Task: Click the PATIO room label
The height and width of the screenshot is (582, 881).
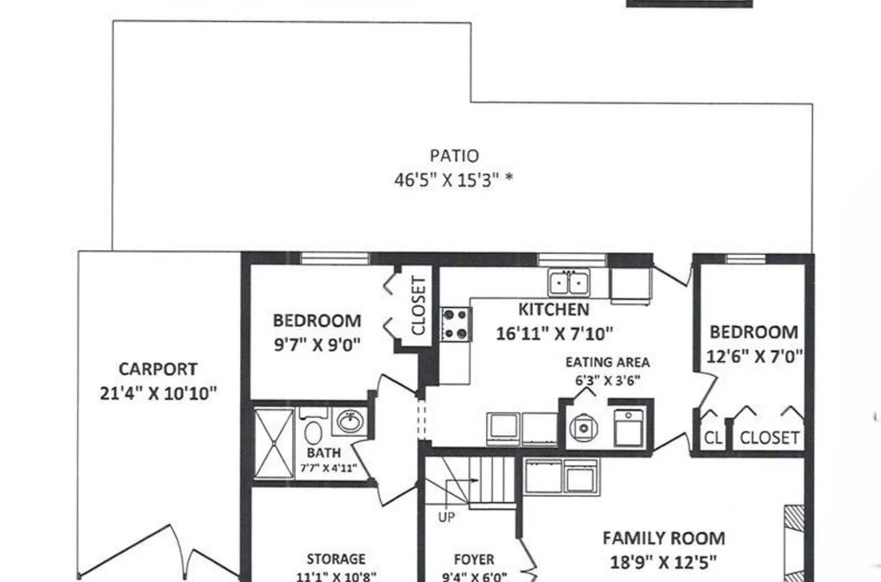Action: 455,156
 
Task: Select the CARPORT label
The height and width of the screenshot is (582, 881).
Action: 158,369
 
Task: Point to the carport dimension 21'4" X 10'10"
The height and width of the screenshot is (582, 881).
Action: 158,393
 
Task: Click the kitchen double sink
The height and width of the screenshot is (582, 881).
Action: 569,283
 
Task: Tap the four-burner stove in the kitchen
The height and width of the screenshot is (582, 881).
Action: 455,324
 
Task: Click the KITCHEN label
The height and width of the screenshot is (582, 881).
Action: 553,310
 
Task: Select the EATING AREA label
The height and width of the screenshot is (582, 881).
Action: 607,363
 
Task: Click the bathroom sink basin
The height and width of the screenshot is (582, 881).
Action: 350,421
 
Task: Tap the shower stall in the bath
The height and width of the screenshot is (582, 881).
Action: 274,444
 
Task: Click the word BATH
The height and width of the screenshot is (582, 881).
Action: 324,452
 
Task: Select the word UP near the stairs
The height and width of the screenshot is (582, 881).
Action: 446,517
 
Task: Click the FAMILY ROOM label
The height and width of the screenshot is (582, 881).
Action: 664,539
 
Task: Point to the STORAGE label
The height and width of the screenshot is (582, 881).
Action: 336,559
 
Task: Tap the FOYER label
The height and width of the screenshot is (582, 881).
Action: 474,559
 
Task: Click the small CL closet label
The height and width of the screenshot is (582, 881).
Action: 713,438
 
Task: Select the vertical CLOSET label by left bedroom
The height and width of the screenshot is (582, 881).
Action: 418,305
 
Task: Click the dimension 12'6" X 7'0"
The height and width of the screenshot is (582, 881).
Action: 754,356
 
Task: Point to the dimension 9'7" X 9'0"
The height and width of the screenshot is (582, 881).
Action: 317,345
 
